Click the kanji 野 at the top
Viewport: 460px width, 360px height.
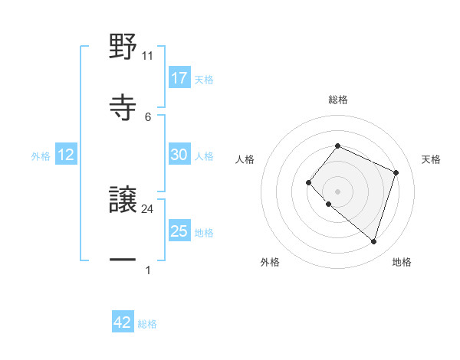(x=123, y=48)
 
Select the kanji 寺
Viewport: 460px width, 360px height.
(x=123, y=106)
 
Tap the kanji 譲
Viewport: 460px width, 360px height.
(x=123, y=201)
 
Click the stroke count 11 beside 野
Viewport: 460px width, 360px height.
(x=148, y=56)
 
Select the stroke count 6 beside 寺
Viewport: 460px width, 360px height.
(x=148, y=116)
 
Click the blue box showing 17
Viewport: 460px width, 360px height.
(x=179, y=78)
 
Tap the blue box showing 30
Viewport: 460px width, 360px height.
(x=179, y=155)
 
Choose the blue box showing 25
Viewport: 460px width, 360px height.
(x=179, y=231)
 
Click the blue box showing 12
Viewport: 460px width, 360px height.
(x=66, y=155)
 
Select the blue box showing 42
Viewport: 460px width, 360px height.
(x=123, y=322)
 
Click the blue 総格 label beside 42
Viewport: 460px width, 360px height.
(x=147, y=324)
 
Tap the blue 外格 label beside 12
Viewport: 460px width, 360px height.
(x=41, y=156)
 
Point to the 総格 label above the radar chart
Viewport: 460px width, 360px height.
(x=338, y=100)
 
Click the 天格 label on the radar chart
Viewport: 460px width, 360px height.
(x=431, y=159)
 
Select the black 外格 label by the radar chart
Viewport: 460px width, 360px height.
(x=270, y=262)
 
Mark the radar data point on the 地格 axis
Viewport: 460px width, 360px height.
(x=373, y=242)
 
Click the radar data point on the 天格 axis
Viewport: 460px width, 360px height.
(x=396, y=172)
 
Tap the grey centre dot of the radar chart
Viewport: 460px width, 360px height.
(x=337, y=191)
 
